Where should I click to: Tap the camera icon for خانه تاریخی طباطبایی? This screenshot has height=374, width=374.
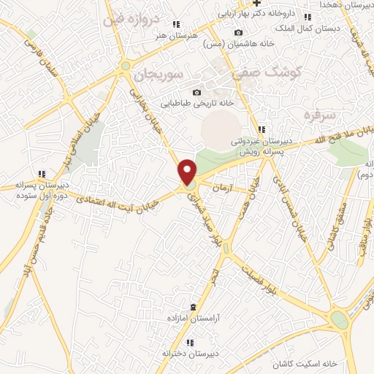(x=196, y=92)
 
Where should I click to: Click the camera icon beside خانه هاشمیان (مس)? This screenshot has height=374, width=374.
(x=238, y=32)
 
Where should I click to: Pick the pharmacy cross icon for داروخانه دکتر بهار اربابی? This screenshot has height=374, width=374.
(x=256, y=4)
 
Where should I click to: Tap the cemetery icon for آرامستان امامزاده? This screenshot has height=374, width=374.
(x=193, y=307)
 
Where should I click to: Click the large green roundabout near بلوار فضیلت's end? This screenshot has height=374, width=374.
(x=338, y=319)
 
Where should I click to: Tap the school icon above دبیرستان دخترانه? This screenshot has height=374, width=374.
(x=190, y=343)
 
